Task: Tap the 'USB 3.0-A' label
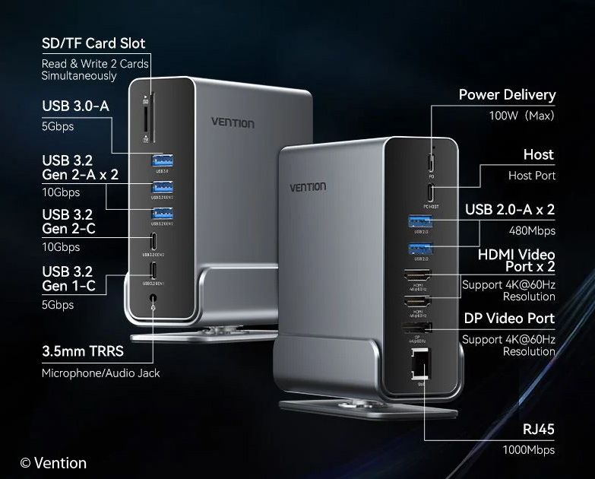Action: pyautogui.click(x=75, y=106)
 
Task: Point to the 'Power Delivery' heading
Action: pyautogui.click(x=507, y=95)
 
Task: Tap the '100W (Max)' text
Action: pyautogui.click(x=521, y=116)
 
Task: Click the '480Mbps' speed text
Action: pyautogui.click(x=532, y=230)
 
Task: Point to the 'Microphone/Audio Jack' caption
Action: pyautogui.click(x=101, y=373)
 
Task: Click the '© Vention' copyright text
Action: pyautogui.click(x=53, y=462)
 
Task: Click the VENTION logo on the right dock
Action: pyautogui.click(x=308, y=187)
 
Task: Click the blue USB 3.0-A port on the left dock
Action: pyautogui.click(x=162, y=160)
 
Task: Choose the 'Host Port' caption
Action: pyautogui.click(x=532, y=176)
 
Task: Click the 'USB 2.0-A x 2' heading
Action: pyautogui.click(x=510, y=209)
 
